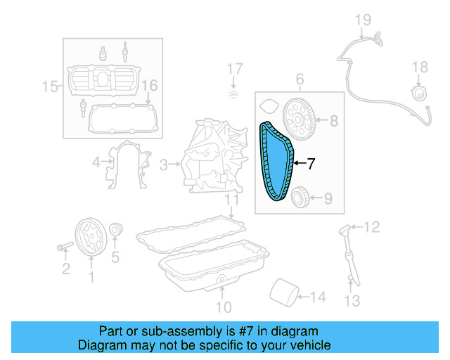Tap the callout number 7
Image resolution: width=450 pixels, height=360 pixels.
pyautogui.click(x=310, y=163)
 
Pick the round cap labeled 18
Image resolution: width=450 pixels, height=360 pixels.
pyautogui.click(x=418, y=92)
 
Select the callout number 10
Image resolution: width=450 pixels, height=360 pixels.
pyautogui.click(x=222, y=307)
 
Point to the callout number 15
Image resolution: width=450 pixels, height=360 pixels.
pyautogui.click(x=49, y=87)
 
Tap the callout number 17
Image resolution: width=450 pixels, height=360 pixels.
pyautogui.click(x=234, y=70)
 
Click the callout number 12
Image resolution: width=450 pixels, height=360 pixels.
pyautogui.click(x=371, y=226)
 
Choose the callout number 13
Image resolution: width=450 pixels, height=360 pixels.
pyautogui.click(x=352, y=301)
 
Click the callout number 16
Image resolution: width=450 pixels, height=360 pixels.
pyautogui.click(x=148, y=86)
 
